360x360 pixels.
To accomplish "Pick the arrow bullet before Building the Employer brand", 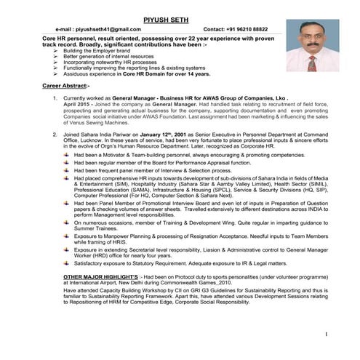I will (56, 51).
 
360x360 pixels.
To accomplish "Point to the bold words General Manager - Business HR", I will (162, 97).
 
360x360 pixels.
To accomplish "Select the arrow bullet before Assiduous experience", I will (56, 74).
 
